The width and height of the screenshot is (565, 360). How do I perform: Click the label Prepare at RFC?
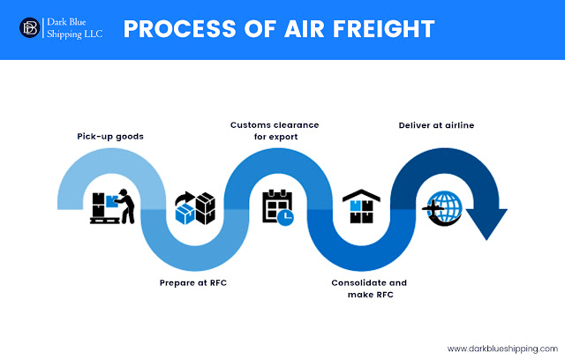pos(188,284)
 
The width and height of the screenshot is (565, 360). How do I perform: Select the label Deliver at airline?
pos(436,126)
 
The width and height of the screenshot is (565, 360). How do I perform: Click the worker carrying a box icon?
pos(112,206)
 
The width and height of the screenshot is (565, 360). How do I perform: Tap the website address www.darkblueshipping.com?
pos(501,347)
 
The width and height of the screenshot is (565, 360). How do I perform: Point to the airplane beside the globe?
pos(432,208)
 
